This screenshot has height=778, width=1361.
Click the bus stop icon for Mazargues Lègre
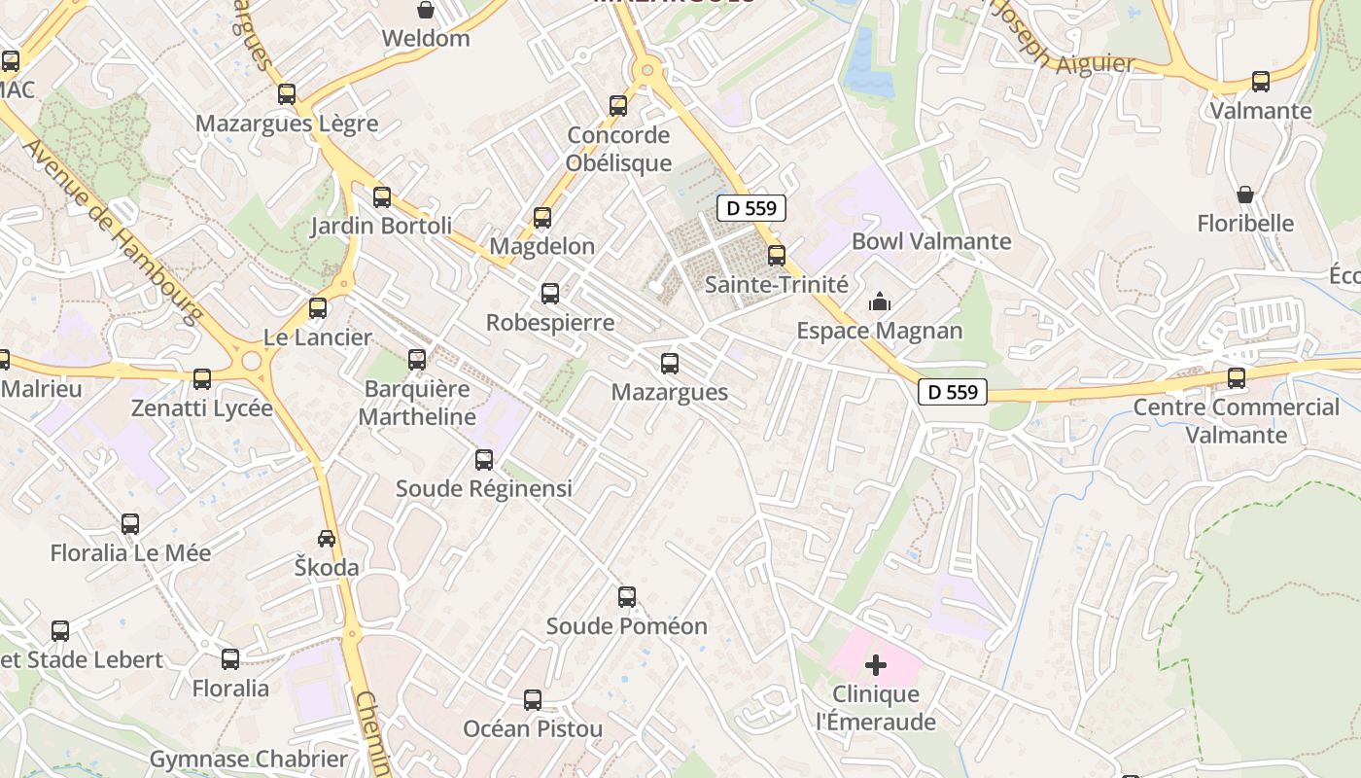coord(286,94)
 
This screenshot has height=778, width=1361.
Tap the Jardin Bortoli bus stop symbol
coord(382,197)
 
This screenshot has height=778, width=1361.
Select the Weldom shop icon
coord(425,11)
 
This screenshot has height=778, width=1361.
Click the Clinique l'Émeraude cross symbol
coord(876,665)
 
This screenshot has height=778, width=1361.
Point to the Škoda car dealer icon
coord(327,538)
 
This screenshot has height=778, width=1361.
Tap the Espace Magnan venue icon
coord(880,302)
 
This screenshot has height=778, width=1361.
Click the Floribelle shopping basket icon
coord(1245,194)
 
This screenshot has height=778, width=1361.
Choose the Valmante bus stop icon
coord(1261,82)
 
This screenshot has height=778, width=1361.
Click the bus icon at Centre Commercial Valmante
coord(1237,377)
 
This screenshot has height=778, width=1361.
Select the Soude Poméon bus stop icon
coord(627,597)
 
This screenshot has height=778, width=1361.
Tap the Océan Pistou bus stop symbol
coord(533,699)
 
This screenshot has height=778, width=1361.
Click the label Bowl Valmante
coord(931,241)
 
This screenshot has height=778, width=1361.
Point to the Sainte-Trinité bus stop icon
coord(776,256)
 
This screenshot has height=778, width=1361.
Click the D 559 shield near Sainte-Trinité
coord(751,207)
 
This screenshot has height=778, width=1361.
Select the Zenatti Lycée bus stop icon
coord(202,379)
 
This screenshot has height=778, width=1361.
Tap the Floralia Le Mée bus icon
coord(130,524)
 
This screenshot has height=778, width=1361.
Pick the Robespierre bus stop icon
coord(550,294)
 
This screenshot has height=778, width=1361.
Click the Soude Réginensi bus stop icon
coord(484,460)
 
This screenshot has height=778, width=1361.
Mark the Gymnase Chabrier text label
coord(248,759)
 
